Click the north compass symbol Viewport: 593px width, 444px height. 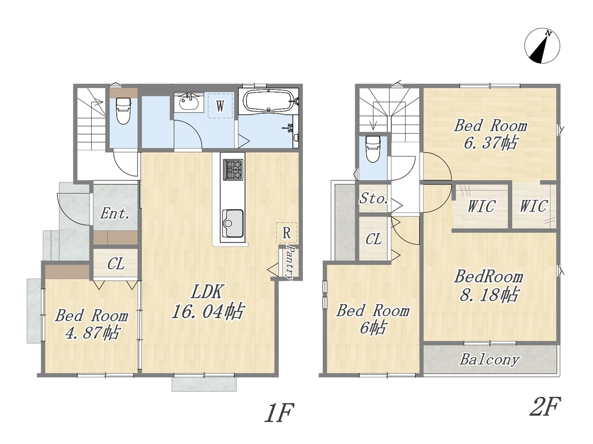pos(542,46)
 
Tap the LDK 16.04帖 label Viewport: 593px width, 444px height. pos(208,301)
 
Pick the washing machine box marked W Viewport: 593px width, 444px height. pos(220,105)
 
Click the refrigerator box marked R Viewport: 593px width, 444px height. pos(286,233)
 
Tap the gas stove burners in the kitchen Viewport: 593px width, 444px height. pos(233,169)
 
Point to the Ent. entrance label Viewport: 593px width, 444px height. pos(115,214)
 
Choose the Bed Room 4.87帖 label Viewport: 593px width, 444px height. pos(92,324)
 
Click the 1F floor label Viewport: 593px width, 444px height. pos(279,413)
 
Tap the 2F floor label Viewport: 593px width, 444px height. pos(545,406)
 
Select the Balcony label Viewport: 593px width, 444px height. pos(489,359)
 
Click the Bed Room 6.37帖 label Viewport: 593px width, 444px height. pos(491,134)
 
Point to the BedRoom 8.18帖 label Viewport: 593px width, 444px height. pos(489,285)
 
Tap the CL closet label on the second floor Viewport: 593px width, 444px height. pos(373,239)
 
